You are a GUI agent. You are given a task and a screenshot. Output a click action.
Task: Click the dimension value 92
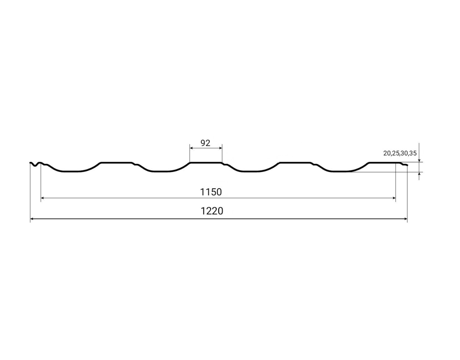(205, 143)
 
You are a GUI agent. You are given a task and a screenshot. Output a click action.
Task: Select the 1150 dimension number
(211, 192)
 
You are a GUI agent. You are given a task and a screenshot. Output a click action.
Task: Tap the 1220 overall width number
(212, 211)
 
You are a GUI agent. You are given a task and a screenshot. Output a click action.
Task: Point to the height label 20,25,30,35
(400, 153)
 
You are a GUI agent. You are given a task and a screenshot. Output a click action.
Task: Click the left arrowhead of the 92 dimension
(192, 148)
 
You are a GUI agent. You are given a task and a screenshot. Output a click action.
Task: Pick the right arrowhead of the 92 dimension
(220, 148)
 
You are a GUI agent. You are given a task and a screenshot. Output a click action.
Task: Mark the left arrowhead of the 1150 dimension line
(42, 198)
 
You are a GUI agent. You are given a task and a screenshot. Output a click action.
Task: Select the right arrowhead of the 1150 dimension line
(394, 198)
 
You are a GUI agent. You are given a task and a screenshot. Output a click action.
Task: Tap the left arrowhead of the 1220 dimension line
(32, 219)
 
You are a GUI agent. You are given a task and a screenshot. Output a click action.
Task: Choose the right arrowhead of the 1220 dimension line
(405, 219)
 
